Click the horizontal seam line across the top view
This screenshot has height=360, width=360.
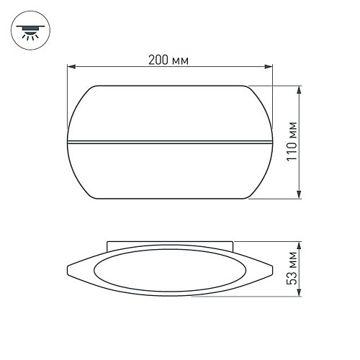point(171,140)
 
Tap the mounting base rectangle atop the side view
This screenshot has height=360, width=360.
point(171,246)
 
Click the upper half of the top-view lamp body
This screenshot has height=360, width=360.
point(171,112)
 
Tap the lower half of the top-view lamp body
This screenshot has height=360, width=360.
point(171,171)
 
